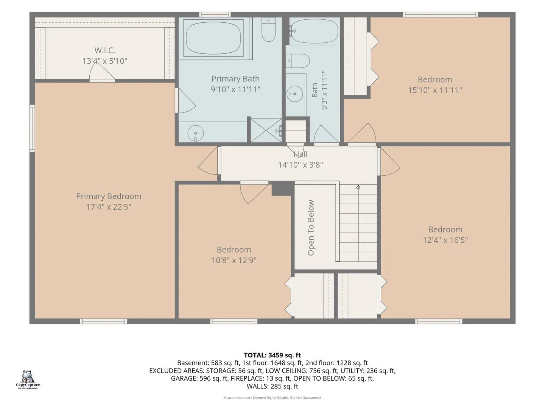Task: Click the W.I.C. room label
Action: point(104,50)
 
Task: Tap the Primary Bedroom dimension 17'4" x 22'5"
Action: point(109,207)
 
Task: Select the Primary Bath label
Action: point(235,79)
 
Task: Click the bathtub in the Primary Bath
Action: point(213,38)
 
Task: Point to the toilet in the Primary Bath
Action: point(268,29)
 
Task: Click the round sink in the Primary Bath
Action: point(195,133)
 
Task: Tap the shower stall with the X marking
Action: point(266,130)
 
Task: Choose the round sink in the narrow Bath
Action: point(294,94)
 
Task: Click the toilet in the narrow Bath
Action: point(298,61)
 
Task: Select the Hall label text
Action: point(301,154)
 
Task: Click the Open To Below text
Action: point(311,228)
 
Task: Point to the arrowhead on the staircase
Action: point(358,187)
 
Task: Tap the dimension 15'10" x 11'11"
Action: point(435,90)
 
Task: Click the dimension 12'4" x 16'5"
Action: point(445,240)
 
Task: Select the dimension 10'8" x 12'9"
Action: point(234,260)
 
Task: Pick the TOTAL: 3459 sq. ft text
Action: point(272,355)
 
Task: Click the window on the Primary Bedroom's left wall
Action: point(32,128)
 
